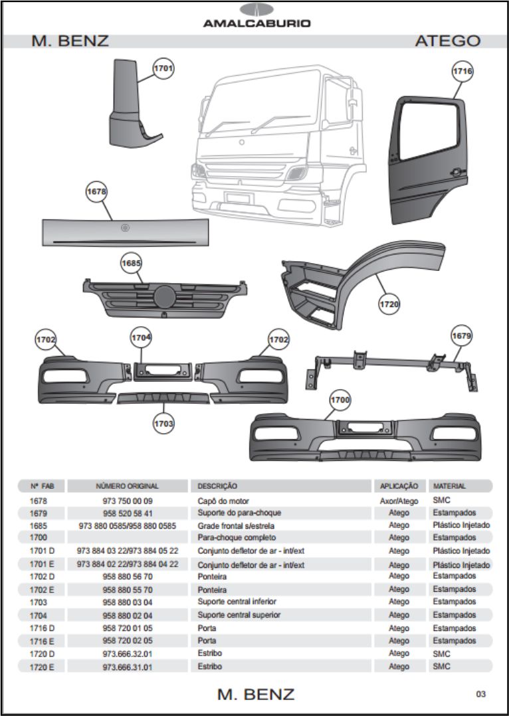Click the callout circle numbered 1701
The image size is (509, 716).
163,68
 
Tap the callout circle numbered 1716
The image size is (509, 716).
462,71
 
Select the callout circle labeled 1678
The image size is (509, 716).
97,191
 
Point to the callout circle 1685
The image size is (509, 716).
132,263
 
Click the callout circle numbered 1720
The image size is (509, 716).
389,304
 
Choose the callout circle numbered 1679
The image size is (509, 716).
461,336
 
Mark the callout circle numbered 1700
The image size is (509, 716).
340,400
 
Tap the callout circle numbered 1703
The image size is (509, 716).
163,423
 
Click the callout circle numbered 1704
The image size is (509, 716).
141,337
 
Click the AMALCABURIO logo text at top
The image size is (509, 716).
256,23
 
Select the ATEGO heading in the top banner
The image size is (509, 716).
447,41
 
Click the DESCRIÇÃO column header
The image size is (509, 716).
217,486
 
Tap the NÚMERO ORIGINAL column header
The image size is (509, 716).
128,486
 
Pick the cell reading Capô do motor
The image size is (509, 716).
223,501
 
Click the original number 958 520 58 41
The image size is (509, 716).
128,513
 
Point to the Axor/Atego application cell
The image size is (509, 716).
399,501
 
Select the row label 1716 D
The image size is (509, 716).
42,628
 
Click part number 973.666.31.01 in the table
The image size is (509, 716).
128,667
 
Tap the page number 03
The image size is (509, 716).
480,694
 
